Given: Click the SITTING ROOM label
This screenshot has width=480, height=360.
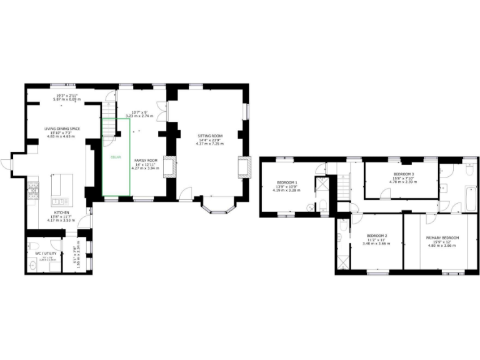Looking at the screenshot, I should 209,136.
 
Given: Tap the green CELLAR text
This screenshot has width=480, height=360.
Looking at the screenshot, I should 116,157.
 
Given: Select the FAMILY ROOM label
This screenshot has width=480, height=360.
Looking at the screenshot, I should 145,160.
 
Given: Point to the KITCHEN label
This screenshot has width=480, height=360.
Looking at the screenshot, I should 61,213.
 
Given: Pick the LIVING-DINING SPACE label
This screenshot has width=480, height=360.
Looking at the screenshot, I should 62,128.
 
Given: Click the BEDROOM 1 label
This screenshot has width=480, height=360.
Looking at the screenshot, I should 287,182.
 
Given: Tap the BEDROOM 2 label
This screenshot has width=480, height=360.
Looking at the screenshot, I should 376,235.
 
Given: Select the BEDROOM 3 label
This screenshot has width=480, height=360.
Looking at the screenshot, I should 402,174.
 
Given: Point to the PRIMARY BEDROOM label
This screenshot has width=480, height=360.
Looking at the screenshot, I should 442,237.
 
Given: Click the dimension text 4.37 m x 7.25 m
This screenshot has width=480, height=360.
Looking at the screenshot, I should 209,144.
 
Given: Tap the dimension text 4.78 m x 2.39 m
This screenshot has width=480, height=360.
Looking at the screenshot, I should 402,182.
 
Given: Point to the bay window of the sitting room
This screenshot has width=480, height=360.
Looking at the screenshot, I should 217,207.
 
